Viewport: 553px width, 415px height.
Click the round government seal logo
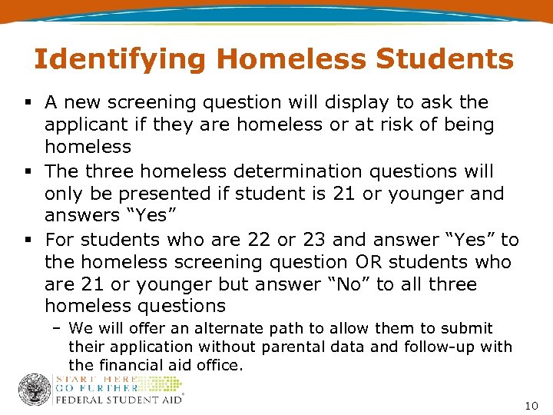coord(34,390)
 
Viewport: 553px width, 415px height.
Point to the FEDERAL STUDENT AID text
coord(119,400)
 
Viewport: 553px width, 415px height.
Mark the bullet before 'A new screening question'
coord(27,102)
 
